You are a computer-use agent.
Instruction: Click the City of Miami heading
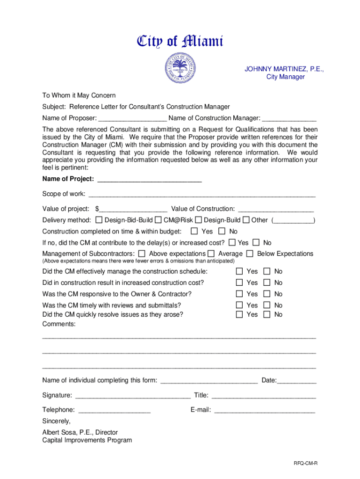click(180, 42)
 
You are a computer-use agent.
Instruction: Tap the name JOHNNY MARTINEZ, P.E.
click(284, 69)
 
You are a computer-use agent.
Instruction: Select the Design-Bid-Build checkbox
click(99, 220)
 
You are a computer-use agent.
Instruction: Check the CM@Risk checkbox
click(158, 220)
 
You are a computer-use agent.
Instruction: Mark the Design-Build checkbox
click(199, 220)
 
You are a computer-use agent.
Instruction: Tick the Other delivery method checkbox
click(246, 220)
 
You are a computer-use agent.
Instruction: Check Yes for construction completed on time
click(194, 231)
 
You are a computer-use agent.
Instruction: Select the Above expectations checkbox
click(142, 254)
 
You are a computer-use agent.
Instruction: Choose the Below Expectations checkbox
click(250, 254)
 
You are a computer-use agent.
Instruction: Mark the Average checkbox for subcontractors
click(211, 254)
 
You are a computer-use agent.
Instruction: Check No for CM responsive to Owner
click(267, 294)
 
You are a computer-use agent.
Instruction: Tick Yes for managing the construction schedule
click(239, 271)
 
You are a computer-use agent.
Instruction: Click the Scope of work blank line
click(202, 194)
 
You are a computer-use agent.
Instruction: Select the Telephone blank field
click(115, 410)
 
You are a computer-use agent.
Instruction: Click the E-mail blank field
click(264, 410)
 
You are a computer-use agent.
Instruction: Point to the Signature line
click(133, 396)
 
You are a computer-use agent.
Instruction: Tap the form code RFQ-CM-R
click(306, 463)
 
